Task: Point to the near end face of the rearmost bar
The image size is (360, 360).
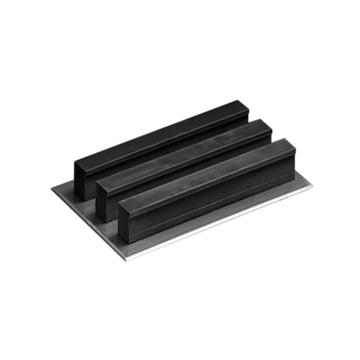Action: pyautogui.click(x=84, y=179)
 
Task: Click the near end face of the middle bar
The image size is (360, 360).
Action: pyautogui.click(x=107, y=199)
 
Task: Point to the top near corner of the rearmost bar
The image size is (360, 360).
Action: pyautogui.click(x=76, y=160)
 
